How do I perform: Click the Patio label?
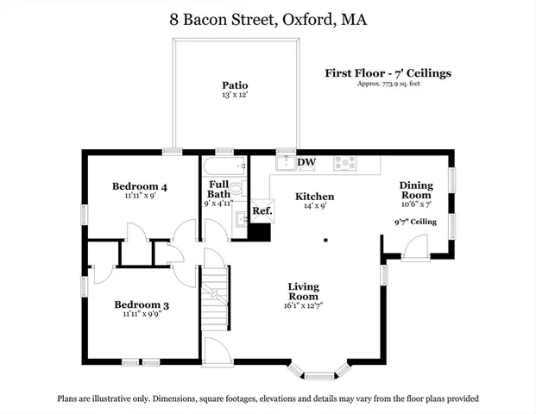235,85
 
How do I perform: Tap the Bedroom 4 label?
140,186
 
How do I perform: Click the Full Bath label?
218,189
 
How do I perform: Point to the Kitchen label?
314,197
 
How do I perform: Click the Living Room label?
304,292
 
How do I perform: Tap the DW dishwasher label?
306,162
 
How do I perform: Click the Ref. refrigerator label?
262,211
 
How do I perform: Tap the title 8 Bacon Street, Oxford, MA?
268,18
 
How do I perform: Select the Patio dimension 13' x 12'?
235,95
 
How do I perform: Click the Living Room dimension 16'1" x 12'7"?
304,304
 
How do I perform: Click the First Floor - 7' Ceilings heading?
388,73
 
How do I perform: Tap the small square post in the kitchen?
326,240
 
